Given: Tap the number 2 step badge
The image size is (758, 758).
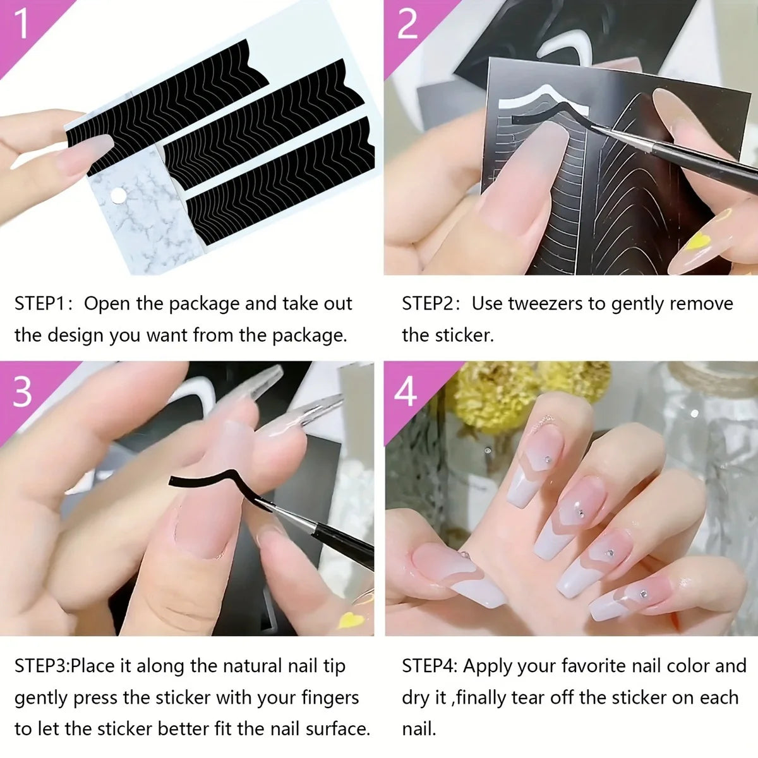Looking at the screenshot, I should tap(407, 24).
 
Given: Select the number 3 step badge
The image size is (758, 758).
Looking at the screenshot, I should tap(22, 391).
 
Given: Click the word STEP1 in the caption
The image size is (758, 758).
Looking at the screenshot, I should tap(40, 304).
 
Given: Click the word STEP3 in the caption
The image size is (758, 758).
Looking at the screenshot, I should tap(40, 666).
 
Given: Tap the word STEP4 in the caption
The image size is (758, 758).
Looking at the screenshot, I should tap(429, 666).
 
